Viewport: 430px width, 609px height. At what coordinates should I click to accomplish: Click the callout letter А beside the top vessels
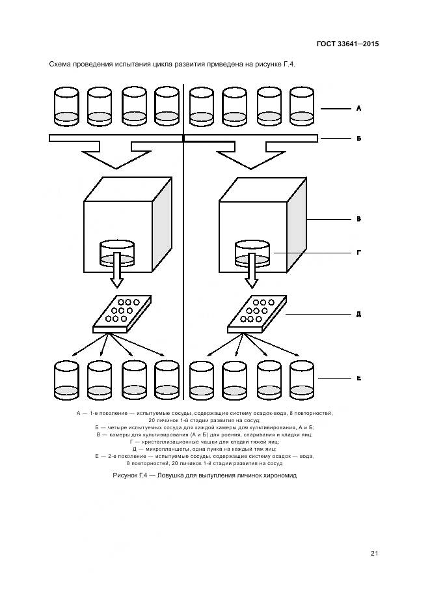coord(358,108)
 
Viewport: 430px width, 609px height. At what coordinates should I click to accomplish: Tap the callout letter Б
coord(358,139)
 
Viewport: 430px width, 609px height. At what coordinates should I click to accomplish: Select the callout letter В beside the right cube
coord(358,220)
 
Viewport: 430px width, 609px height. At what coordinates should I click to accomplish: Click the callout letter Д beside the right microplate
coord(358,314)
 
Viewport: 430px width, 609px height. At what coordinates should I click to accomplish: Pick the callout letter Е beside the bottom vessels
coord(358,378)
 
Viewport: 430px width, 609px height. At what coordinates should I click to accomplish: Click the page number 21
coord(374,554)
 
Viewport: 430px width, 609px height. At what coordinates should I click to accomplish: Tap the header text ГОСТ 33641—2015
coord(347,44)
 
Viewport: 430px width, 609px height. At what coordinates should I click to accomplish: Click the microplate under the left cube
coord(122,313)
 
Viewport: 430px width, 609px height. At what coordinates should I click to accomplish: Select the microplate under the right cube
coord(257,313)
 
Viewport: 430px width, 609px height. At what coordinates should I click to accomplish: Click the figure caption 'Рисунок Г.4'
coord(204,475)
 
